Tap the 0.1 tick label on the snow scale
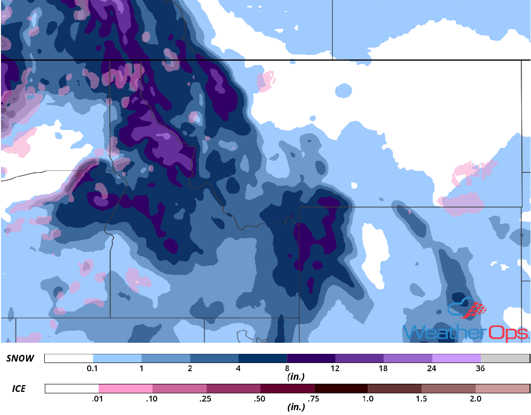coord(93,369)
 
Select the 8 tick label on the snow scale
coord(287,369)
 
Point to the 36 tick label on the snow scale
coord(480,369)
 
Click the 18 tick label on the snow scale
coord(384,369)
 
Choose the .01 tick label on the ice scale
coord(99,399)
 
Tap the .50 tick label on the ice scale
coord(260,399)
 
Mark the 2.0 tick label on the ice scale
coord(475,399)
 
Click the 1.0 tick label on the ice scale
coord(368,399)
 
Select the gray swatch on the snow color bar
coord(505,359)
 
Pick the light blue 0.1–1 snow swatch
coord(117,359)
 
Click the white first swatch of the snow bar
coord(68,359)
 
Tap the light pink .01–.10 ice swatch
coord(126,388)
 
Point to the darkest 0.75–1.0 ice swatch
coord(341,388)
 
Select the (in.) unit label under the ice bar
coord(297,407)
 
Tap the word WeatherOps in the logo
coord(466,332)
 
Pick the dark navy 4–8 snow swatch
coord(263,359)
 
